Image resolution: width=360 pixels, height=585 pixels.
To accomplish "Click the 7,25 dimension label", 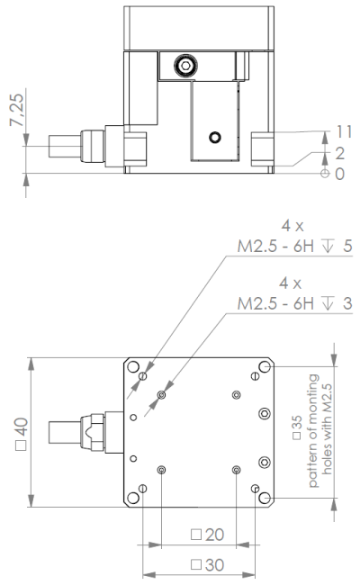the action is coord(16,110).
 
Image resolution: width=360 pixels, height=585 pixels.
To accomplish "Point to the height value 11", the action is coord(344,132).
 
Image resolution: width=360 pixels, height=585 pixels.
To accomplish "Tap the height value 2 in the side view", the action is coord(339,153).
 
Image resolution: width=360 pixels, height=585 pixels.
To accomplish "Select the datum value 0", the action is coord(339,174).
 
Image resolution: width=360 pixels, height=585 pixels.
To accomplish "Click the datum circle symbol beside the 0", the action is coord(325,174).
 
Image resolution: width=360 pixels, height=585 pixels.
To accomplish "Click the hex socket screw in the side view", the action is coord(185,66).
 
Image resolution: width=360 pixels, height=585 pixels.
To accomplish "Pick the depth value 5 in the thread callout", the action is coord(347,247).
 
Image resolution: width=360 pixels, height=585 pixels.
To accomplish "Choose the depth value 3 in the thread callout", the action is coord(347,303).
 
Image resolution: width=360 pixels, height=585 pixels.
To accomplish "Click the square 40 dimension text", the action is coord(22,434).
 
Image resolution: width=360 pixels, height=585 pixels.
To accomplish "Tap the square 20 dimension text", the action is coord(207,535).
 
